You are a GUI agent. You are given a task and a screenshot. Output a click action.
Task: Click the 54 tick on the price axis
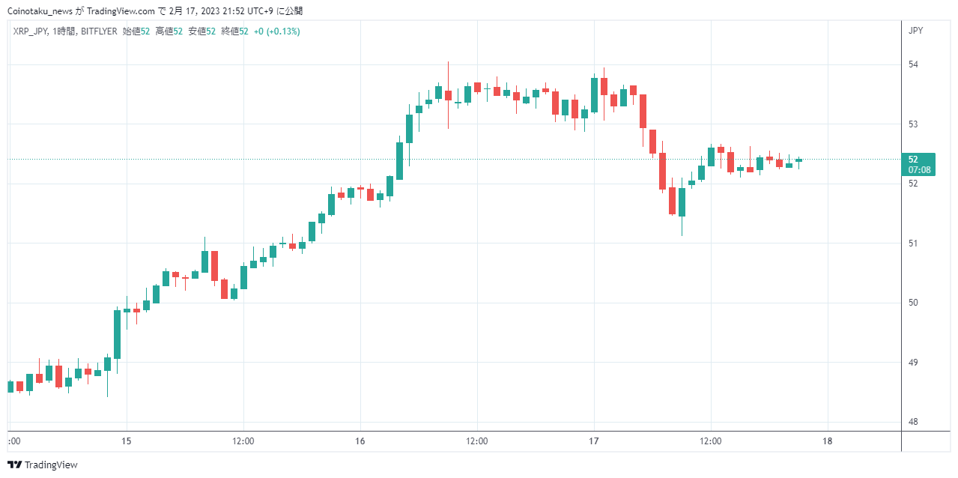[913, 64]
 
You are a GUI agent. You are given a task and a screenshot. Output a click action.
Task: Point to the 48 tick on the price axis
[913, 422]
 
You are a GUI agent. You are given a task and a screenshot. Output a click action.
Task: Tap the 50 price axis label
[913, 303]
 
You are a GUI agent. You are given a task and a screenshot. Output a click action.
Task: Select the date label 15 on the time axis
[126, 441]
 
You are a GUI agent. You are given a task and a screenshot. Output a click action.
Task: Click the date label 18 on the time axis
[828, 441]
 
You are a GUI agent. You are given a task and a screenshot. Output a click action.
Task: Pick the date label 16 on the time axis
[360, 441]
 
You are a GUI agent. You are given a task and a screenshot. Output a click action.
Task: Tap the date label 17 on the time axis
[594, 441]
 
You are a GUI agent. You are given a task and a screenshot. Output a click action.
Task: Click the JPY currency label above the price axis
[915, 31]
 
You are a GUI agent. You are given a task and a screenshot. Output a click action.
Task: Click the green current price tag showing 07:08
[918, 164]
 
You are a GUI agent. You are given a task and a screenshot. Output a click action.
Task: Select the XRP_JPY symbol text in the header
[31, 31]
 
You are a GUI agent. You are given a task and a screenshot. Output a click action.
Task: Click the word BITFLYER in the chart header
[99, 31]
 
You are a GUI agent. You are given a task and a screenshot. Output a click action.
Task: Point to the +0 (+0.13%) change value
[276, 31]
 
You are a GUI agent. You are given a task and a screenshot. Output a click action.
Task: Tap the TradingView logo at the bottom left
[43, 465]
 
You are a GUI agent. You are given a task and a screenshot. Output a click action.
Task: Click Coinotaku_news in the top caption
[40, 11]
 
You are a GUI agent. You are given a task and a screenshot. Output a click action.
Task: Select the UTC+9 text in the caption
[260, 11]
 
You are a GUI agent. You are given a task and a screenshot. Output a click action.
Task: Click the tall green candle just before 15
[117, 334]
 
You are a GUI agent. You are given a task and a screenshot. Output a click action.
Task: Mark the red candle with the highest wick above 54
[448, 95]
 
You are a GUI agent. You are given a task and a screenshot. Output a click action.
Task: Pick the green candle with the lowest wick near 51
[682, 202]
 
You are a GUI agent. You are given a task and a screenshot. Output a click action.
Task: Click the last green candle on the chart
[798, 160]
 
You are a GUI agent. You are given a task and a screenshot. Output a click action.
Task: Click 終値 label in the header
[230, 31]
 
